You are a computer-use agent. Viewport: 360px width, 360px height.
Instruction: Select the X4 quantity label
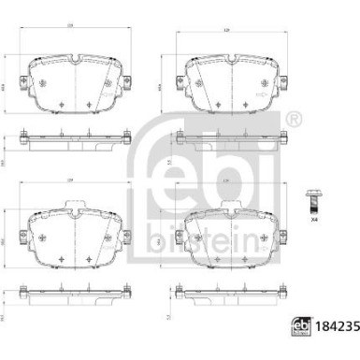314,221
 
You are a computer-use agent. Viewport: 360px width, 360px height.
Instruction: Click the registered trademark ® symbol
294,121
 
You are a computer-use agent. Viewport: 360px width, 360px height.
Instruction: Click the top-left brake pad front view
73,85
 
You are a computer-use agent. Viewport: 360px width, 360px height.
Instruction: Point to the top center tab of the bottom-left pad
73,205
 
